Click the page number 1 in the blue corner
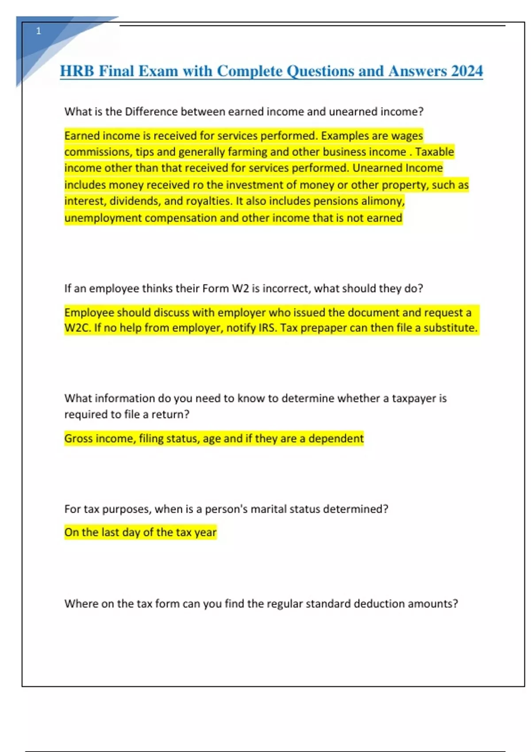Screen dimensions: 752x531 (38, 31)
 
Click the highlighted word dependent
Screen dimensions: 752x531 (336, 438)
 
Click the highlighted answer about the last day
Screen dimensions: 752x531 (140, 532)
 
